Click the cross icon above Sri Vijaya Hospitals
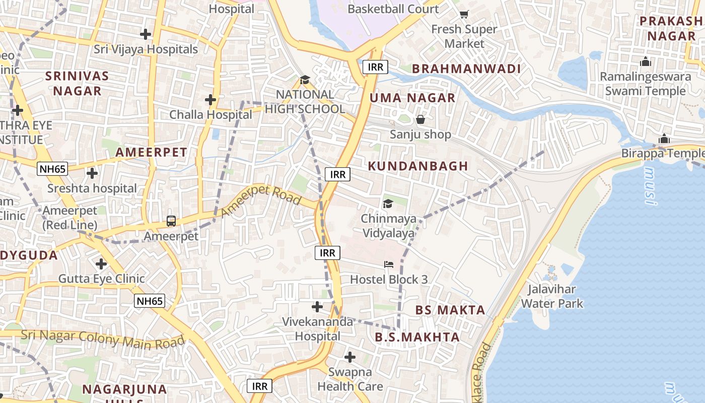click(x=146, y=34)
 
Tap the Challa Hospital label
click(x=210, y=114)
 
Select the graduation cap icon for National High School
click(x=305, y=80)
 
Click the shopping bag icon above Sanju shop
click(x=420, y=119)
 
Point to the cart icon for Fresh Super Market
click(x=464, y=14)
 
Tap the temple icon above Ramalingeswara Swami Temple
click(x=645, y=62)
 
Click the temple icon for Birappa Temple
click(x=664, y=139)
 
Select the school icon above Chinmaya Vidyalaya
click(x=388, y=204)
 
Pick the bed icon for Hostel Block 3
click(x=389, y=264)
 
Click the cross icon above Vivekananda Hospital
click(x=317, y=306)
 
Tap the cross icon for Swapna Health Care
click(x=350, y=357)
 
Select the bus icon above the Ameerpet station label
click(x=171, y=221)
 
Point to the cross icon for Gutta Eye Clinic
click(x=101, y=263)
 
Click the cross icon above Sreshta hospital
click(x=92, y=173)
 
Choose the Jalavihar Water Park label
click(x=552, y=296)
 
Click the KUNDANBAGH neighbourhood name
click(x=418, y=166)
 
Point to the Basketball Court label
click(x=393, y=9)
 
